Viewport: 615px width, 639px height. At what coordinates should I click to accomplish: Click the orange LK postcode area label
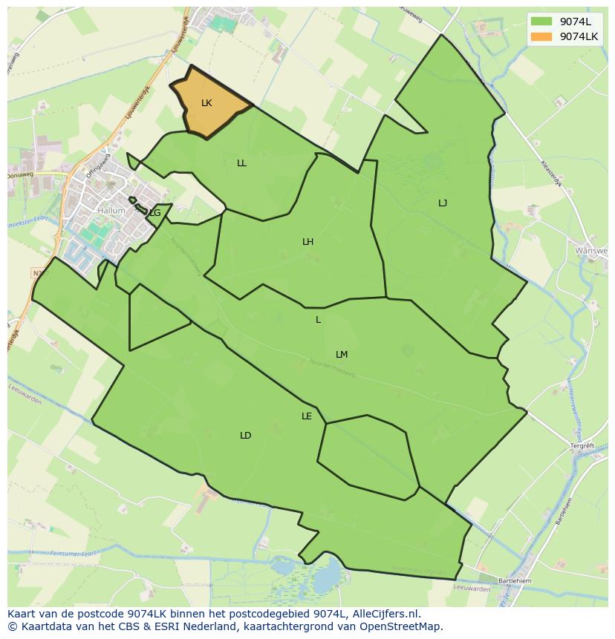[x=206, y=103]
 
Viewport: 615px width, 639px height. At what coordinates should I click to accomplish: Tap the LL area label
[x=241, y=163]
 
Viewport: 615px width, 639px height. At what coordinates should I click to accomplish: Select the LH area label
[x=307, y=242]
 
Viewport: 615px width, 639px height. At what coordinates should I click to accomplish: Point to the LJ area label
[x=443, y=203]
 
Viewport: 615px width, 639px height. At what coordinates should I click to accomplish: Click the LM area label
[x=342, y=355]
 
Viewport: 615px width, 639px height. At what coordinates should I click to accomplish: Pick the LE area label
[x=307, y=416]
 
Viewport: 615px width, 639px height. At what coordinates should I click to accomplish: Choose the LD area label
[x=246, y=436]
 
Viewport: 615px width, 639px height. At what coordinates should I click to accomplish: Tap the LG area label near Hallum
[x=154, y=213]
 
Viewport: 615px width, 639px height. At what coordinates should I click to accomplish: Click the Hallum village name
[x=111, y=211]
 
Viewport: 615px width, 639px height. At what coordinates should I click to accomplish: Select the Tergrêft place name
[x=582, y=446]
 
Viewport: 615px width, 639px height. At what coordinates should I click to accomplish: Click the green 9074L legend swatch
[x=541, y=22]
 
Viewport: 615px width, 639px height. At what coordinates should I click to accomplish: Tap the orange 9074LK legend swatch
[x=541, y=36]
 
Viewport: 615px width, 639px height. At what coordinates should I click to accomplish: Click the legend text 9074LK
[x=579, y=36]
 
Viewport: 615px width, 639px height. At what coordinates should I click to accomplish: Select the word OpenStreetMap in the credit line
[x=404, y=626]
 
